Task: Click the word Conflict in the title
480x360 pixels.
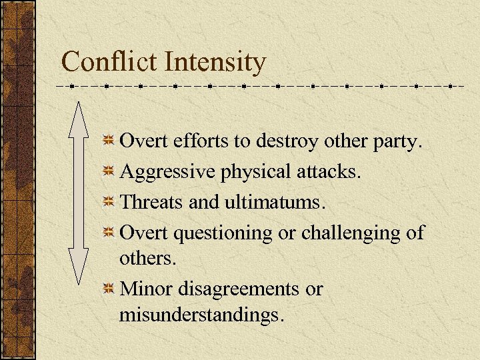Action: click(109, 63)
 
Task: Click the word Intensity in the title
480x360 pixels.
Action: click(215, 63)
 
